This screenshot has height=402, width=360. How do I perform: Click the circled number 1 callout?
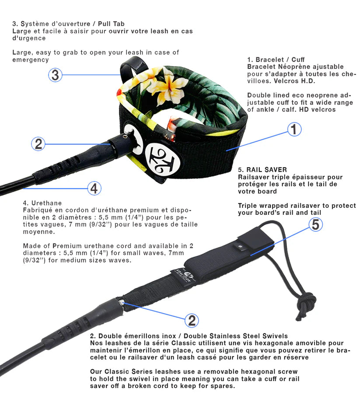coord(294,129)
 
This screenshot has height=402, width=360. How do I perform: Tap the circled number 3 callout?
coord(55,75)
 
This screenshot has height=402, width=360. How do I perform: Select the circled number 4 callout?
coord(94,189)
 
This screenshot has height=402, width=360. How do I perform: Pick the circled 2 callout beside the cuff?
coord(38,143)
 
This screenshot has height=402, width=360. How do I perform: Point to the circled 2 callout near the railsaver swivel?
coord(191,321)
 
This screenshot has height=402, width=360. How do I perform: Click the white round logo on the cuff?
coord(157,156)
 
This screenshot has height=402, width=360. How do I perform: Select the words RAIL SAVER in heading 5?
coord(266,170)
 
